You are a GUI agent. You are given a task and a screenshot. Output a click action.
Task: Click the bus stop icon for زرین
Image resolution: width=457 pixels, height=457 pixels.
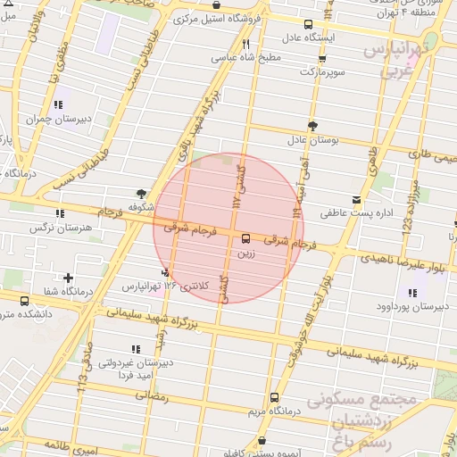[x=245, y=238]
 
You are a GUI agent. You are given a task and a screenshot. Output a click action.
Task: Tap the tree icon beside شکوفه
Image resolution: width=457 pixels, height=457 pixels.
[x=141, y=193]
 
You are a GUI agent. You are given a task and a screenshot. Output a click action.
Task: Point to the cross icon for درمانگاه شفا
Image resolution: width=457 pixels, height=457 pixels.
[x=68, y=278]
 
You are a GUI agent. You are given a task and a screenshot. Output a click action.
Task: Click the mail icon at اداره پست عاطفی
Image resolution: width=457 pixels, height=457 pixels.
[x=357, y=198]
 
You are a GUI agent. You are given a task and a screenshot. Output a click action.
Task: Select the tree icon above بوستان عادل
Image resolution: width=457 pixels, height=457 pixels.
[x=312, y=126]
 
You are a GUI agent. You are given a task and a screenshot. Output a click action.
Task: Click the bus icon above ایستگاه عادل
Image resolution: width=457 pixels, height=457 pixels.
[x=308, y=24]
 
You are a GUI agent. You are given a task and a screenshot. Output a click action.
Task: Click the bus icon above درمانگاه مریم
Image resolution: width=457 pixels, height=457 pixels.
[x=273, y=397]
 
